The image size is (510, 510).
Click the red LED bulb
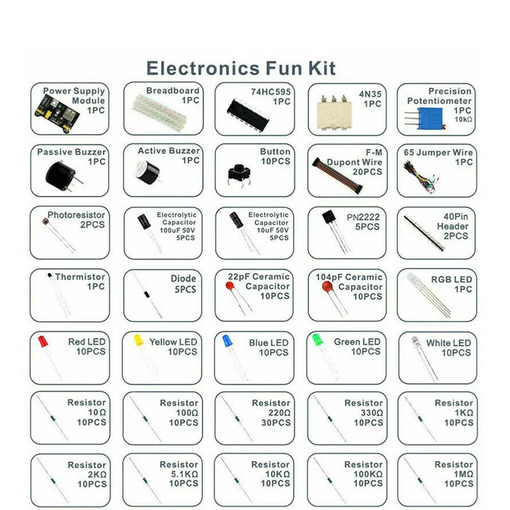[42, 341]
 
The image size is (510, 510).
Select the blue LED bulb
[227, 340]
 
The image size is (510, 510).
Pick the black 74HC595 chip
[242, 110]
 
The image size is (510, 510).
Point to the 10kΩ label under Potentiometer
[463, 119]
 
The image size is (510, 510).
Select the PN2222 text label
[363, 217]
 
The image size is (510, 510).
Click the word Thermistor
[80, 277]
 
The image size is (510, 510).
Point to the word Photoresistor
[76, 215]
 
